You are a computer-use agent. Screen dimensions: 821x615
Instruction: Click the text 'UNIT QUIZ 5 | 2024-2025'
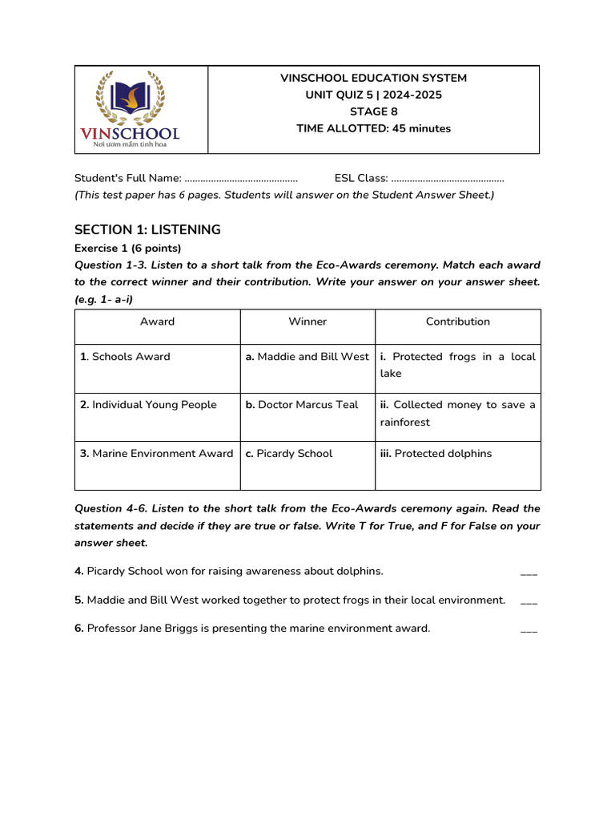click(373, 95)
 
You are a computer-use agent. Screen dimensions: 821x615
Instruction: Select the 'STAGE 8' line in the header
click(373, 111)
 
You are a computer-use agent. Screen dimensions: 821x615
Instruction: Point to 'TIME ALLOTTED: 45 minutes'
click(373, 128)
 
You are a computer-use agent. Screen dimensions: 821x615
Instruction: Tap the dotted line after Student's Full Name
click(241, 178)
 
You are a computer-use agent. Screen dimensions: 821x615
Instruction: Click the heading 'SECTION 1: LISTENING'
click(147, 230)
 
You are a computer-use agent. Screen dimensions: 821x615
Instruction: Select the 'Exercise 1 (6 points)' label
click(128, 248)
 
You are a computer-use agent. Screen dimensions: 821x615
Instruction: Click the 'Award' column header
click(157, 322)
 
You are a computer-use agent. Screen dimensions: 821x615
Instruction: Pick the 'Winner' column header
click(307, 322)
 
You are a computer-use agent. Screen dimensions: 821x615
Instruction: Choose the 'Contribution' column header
click(457, 322)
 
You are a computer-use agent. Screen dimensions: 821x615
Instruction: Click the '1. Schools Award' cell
click(125, 357)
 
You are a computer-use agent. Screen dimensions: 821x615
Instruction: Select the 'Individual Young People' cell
click(148, 405)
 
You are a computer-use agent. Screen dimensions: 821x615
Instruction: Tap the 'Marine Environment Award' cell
click(156, 454)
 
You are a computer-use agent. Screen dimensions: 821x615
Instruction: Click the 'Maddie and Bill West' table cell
click(307, 357)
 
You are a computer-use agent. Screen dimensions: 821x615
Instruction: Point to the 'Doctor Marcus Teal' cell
click(302, 405)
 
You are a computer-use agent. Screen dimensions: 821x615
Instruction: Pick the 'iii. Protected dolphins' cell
click(436, 454)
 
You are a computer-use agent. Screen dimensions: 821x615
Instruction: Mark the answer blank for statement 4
click(529, 572)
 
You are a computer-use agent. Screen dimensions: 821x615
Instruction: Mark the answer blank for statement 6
click(529, 629)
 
